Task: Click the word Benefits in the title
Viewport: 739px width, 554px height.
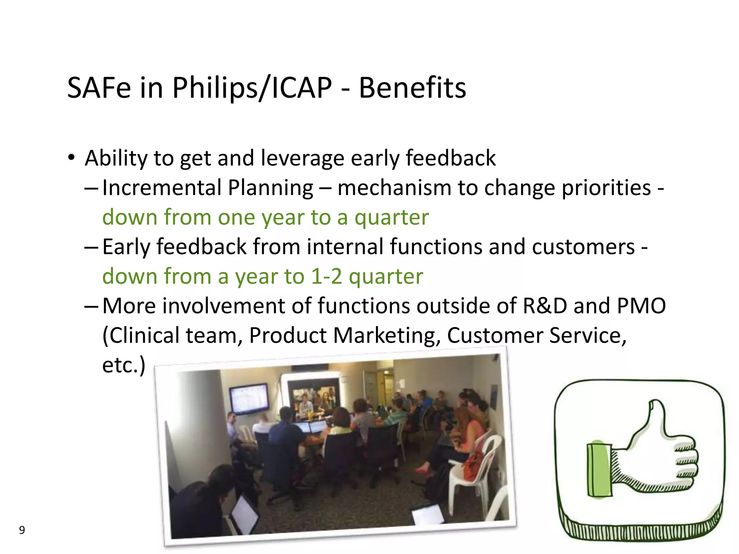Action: (412, 88)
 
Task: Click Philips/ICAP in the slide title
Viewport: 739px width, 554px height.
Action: (252, 88)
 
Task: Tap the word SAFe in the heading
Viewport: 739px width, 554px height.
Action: (99, 88)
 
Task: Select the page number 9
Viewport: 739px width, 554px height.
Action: (22, 530)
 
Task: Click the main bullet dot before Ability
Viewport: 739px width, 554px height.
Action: (71, 158)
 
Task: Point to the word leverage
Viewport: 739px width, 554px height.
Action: (302, 159)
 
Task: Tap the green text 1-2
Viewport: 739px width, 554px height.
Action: (326, 277)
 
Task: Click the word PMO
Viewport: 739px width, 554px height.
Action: (641, 306)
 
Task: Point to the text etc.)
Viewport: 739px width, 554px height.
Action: (124, 365)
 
